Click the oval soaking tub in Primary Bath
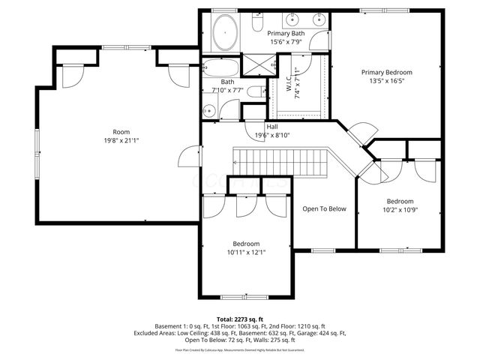[224, 31]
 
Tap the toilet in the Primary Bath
[256, 26]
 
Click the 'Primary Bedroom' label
[387, 73]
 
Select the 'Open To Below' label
[324, 208]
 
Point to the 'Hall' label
[262, 127]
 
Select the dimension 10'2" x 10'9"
[400, 210]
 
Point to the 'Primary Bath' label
[286, 34]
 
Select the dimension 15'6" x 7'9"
[286, 42]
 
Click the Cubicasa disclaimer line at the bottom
[239, 349]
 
